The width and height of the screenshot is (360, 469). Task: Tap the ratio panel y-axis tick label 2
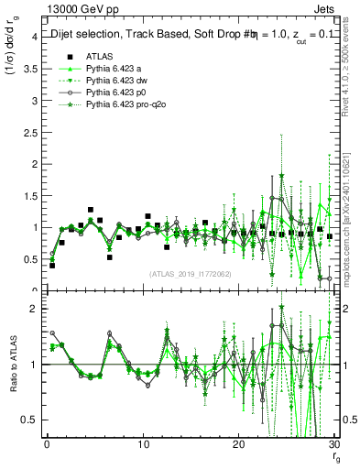33,309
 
